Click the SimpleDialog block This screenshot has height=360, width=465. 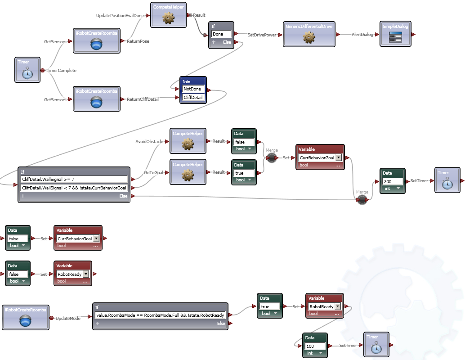pyautogui.click(x=395, y=34)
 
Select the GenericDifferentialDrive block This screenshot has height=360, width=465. pyautogui.click(x=309, y=34)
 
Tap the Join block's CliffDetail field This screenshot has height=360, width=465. pyautogui.click(x=193, y=97)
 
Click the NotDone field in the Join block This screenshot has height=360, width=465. pyautogui.click(x=193, y=89)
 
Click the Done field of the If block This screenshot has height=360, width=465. pyautogui.click(x=221, y=34)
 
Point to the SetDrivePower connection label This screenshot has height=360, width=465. pyautogui.click(x=262, y=35)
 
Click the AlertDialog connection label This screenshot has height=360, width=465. pyautogui.click(x=362, y=35)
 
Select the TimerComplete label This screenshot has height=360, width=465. pyautogui.click(x=62, y=71)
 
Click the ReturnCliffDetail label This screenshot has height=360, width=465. pyautogui.click(x=143, y=99)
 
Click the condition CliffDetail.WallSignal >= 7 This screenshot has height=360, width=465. pyautogui.click(x=75, y=180)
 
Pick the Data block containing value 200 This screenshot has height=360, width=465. pyautogui.click(x=393, y=181)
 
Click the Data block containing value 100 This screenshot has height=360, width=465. pyautogui.click(x=315, y=346)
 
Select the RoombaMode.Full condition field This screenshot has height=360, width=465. pyautogui.click(x=160, y=315)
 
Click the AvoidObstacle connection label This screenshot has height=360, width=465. pyautogui.click(x=149, y=141)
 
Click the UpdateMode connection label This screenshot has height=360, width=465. pyautogui.click(x=69, y=319)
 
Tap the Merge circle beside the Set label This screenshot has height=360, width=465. pyautogui.click(x=272, y=157)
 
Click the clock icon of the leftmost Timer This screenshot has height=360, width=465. pyautogui.click(x=28, y=74)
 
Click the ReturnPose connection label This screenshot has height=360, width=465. pyautogui.click(x=138, y=41)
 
